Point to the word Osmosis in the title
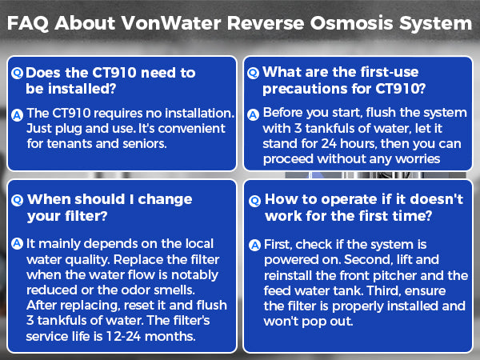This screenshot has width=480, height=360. click(362, 23)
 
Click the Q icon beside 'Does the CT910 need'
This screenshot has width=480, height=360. click(18, 73)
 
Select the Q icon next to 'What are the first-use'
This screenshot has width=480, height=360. click(254, 72)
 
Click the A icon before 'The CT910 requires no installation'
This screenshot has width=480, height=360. click(18, 115)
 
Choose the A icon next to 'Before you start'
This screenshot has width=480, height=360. click(254, 115)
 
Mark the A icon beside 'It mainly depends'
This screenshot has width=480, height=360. click(18, 243)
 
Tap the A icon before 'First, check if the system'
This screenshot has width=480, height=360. click(254, 245)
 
